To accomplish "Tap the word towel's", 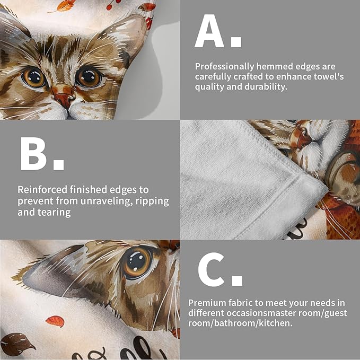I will click(328, 77).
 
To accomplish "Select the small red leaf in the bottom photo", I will click(55, 321).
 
